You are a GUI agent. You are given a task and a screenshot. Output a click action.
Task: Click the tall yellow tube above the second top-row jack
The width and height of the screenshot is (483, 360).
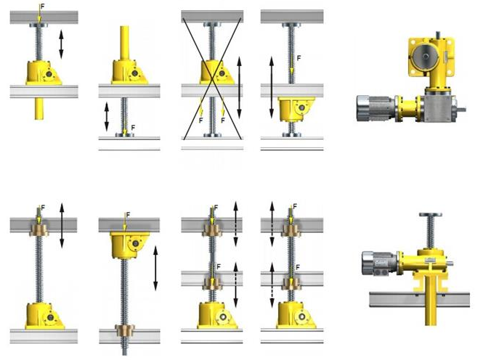[x=124, y=43]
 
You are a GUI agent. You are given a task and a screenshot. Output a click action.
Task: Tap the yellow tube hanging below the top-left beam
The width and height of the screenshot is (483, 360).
[x=38, y=109]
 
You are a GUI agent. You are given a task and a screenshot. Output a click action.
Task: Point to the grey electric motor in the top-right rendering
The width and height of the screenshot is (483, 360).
[x=376, y=108]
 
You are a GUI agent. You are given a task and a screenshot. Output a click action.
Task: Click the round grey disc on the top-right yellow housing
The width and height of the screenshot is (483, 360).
[x=426, y=57]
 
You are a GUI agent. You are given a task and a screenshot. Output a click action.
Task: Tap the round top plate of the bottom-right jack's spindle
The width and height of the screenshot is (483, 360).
[x=430, y=215]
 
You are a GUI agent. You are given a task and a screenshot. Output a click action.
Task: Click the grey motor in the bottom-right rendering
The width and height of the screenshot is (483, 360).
[x=380, y=263]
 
